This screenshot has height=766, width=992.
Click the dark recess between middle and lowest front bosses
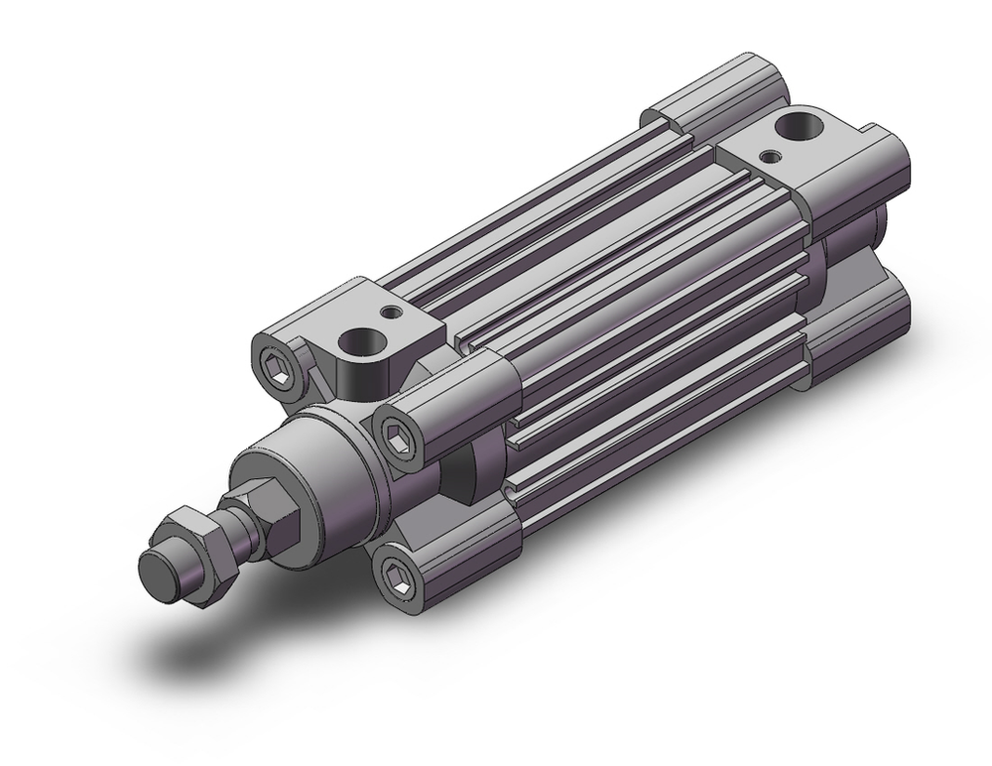pyautogui.click(x=466, y=466)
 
